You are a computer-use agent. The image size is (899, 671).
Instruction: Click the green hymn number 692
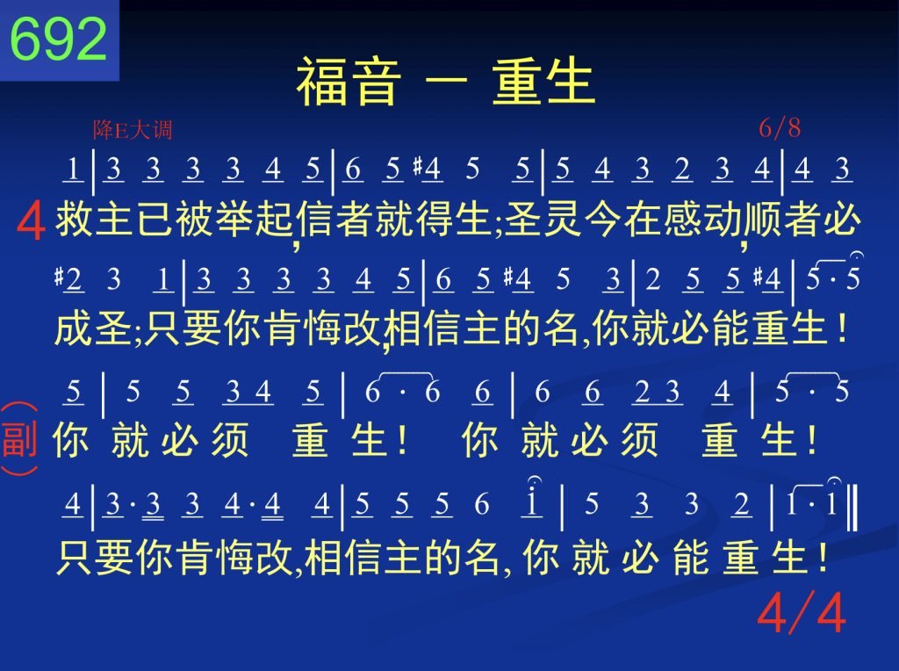point(59,39)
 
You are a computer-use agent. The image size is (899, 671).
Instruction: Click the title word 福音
point(348,81)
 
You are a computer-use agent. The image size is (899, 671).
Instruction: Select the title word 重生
point(543,81)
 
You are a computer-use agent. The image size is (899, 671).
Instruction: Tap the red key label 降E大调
point(133,130)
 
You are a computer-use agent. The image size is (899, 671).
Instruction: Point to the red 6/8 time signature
point(780,128)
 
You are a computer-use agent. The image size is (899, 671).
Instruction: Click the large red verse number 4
point(31,222)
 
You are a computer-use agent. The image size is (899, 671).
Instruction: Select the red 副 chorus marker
point(19,439)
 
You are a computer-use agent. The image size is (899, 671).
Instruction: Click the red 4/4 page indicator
point(801,612)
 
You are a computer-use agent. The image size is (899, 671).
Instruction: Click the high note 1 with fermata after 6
point(533,499)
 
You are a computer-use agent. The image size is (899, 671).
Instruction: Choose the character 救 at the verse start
point(75,220)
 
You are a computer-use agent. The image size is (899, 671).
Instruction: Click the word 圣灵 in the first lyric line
point(543,220)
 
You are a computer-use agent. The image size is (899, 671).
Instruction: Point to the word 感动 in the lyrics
point(703,220)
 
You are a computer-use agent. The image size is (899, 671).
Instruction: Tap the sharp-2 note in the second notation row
point(69,280)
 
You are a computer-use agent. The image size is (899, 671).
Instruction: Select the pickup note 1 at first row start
point(73,170)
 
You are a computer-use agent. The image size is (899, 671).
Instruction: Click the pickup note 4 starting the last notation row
point(73,505)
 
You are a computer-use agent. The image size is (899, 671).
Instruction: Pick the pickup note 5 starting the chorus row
point(74,393)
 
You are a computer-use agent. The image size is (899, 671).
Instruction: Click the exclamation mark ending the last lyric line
point(823,556)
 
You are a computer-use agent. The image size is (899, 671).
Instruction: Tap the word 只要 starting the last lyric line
point(96,556)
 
